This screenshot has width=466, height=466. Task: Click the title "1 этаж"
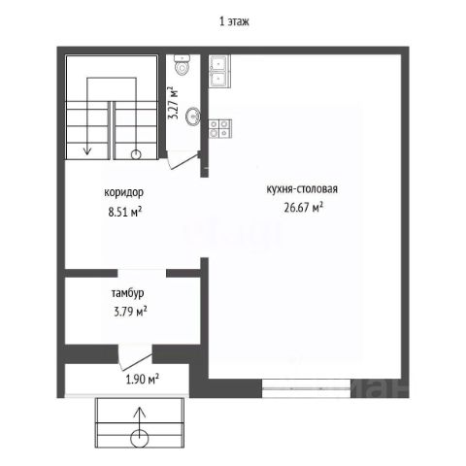pyautogui.click(x=234, y=21)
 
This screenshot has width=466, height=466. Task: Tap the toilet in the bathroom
pyautogui.click(x=182, y=64)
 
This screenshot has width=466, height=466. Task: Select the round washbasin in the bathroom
pyautogui.click(x=193, y=116)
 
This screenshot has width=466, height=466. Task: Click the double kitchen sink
pyautogui.click(x=219, y=71)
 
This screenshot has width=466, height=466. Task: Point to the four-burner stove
pyautogui.click(x=220, y=128)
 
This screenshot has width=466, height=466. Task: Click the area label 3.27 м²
pyautogui.click(x=174, y=103)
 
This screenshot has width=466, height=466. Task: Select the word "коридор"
pyautogui.click(x=123, y=192)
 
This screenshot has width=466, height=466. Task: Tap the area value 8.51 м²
pyautogui.click(x=125, y=212)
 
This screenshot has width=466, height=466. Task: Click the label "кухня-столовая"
pyautogui.click(x=302, y=188)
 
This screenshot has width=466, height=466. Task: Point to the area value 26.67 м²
pyautogui.click(x=304, y=207)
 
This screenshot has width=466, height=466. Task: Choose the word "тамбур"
pyautogui.click(x=127, y=293)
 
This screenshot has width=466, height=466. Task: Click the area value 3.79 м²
pyautogui.click(x=130, y=312)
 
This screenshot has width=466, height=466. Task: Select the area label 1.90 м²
pyautogui.click(x=142, y=379)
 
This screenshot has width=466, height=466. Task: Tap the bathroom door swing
pyautogui.click(x=183, y=160)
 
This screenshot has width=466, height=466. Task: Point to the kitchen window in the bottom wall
pyautogui.click(x=306, y=388)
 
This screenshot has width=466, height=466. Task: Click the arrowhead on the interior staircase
pyautogui.click(x=87, y=150)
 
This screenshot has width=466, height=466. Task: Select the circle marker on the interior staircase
pyautogui.click(x=136, y=154)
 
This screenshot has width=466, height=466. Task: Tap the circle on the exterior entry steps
pyautogui.click(x=140, y=439)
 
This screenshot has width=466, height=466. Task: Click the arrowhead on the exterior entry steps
pyautogui.click(x=140, y=412)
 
